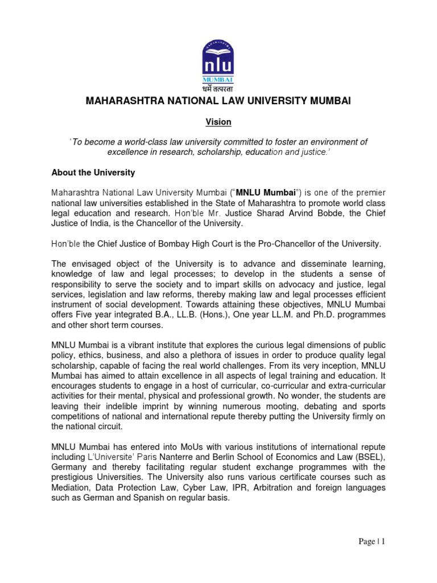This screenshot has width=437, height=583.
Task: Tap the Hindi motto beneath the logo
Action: pos(218,88)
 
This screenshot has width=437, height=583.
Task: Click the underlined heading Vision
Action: pos(218,122)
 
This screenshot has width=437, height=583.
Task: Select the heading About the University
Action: pos(93,172)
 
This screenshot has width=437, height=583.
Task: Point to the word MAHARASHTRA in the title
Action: pos(118,101)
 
